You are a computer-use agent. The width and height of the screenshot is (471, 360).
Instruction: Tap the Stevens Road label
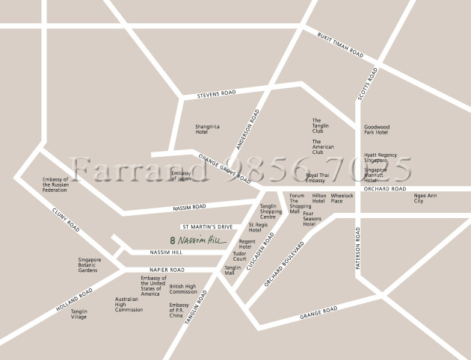pos(216,94)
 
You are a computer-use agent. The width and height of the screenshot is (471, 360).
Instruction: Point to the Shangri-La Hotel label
pos(207,129)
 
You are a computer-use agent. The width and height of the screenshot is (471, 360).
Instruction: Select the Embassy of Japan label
pos(182,176)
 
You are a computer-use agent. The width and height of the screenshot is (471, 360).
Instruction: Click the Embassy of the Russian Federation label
pos(55,184)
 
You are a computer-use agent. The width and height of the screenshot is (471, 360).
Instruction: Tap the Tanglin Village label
pos(78,314)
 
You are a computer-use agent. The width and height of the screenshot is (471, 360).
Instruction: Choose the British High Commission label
pos(183,288)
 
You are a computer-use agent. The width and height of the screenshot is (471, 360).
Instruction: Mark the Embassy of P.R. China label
pos(179,310)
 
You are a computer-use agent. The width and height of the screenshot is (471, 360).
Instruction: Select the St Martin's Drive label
pos(209,226)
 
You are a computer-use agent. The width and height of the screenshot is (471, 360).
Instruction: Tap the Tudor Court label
pos(239,256)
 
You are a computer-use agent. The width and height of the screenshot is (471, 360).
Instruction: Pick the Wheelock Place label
pos(342,198)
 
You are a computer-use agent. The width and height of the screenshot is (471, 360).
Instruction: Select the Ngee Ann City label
pos(425,198)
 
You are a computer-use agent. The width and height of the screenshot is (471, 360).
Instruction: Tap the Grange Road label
pos(318,311)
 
